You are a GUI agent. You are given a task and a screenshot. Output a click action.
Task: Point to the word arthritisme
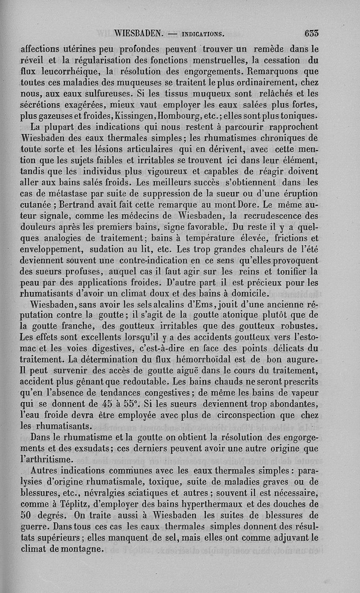pos(50,459)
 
